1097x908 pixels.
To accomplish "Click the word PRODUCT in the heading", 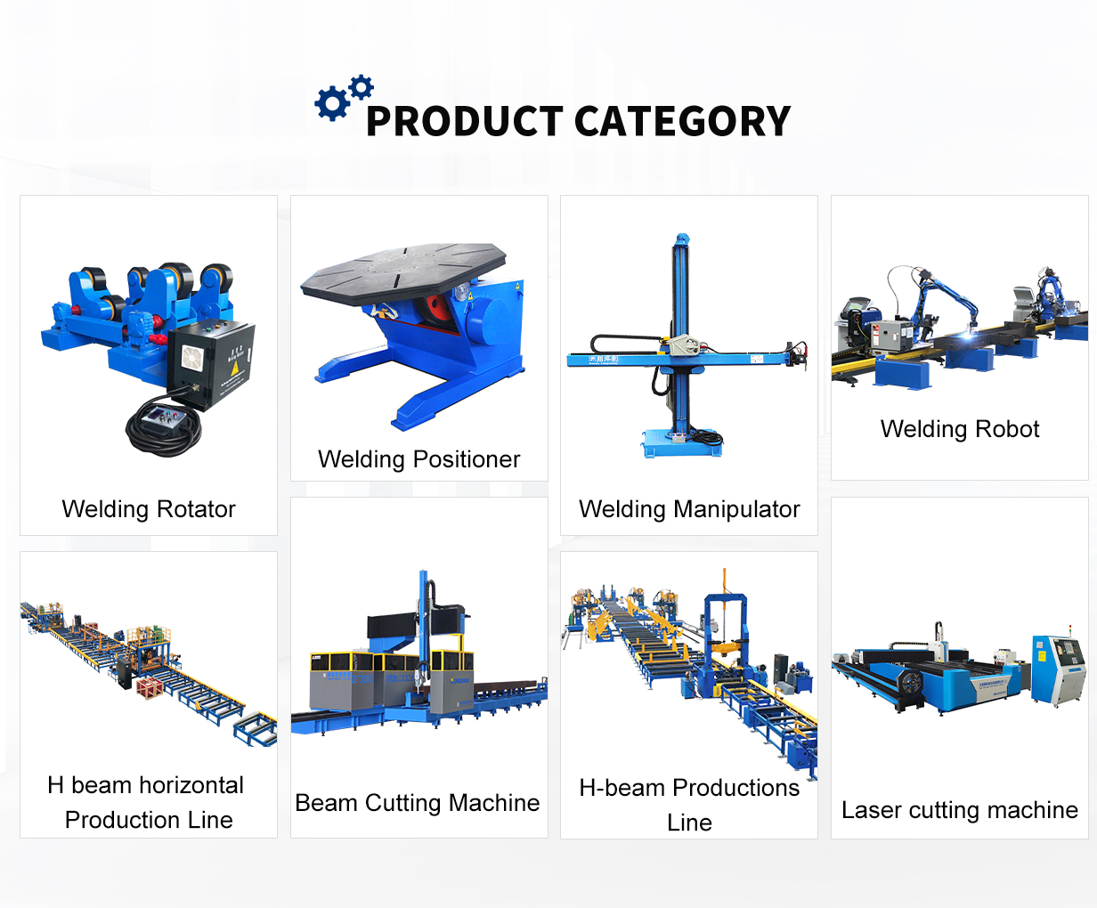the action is click(465, 121).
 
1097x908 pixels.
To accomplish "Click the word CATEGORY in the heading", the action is click(682, 121).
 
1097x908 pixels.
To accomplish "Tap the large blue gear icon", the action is click(332, 103).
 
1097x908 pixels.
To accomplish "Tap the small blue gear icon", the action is click(361, 87).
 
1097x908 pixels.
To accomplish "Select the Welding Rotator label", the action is click(149, 509).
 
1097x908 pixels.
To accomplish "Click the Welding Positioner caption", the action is click(418, 459).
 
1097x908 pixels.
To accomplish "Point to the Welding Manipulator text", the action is click(689, 509).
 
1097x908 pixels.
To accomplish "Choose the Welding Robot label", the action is click(960, 429).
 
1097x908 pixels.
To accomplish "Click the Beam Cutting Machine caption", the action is click(417, 803).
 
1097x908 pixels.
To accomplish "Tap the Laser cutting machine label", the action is click(960, 810).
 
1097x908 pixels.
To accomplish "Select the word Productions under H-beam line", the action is click(736, 788).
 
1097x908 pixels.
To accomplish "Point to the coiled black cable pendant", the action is click(165, 425).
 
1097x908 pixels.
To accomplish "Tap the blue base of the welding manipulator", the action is click(681, 443).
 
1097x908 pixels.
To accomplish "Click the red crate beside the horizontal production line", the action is click(150, 687).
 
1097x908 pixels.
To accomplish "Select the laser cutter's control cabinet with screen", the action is click(1058, 669).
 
